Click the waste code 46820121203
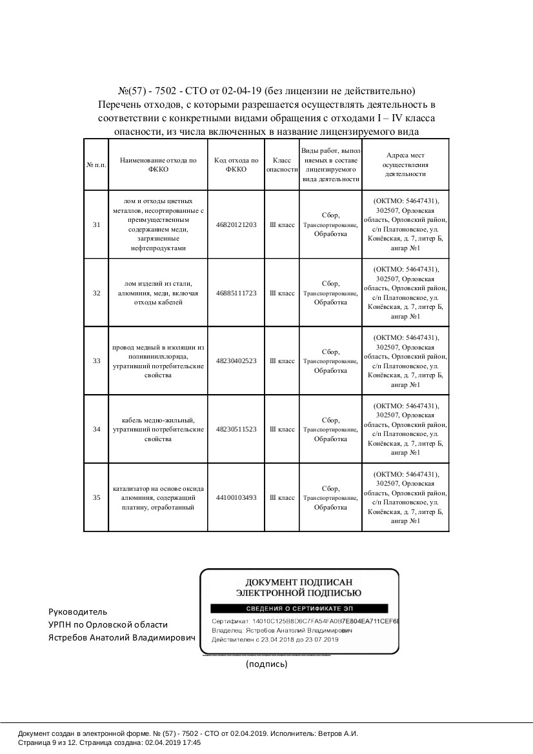coord(236,225)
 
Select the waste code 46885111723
coord(236,293)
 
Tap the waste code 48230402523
coord(236,361)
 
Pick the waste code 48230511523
coord(236,430)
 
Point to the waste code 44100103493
coord(236,498)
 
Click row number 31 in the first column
coord(96,225)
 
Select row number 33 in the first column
coord(96,361)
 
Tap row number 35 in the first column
coord(96,498)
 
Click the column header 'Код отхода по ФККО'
coord(236,164)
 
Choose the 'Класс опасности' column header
coord(282,164)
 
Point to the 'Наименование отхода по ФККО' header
coord(158,164)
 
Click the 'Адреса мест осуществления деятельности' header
coord(405,164)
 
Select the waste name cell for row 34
coord(158,430)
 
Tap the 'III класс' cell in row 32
coord(282,293)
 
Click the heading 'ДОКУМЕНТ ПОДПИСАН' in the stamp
coord(298,581)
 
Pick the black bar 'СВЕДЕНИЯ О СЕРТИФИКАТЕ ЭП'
coord(298,609)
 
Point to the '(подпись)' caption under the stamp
coord(266,664)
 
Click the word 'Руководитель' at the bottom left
coord(78,611)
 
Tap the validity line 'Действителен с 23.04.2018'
coord(275,640)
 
